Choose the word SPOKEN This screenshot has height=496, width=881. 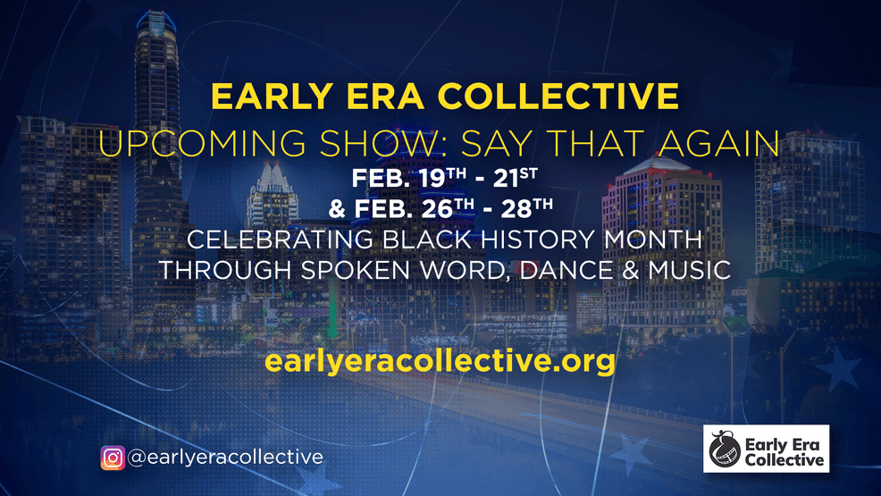(365, 270)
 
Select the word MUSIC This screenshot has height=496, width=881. (687, 270)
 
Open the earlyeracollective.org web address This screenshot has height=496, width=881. (440, 362)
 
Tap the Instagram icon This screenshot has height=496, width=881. (113, 458)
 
